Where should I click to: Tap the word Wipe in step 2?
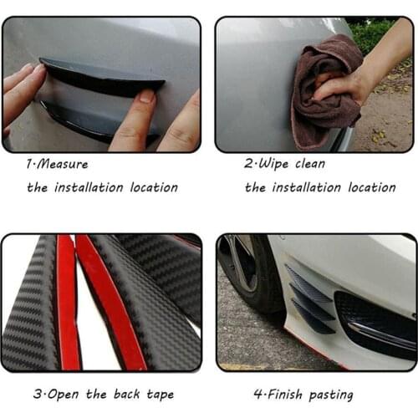coord(273,165)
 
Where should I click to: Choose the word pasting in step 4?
coord(332,394)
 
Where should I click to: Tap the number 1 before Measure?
coord(28,165)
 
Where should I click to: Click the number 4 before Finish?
coord(257,394)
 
